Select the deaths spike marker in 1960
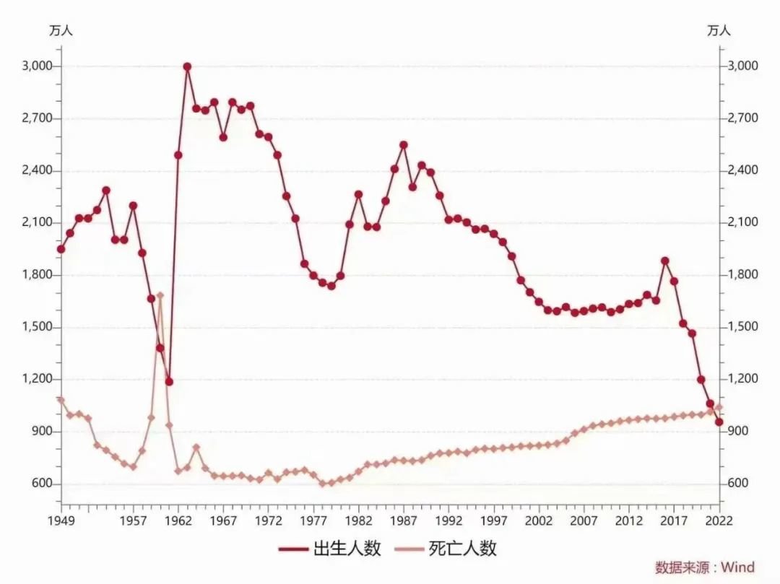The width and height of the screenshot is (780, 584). (160, 295)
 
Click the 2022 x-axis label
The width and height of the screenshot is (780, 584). (719, 520)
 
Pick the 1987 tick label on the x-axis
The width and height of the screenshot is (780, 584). (404, 520)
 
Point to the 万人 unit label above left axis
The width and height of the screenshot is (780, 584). (61, 30)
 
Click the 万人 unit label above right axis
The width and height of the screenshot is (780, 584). (719, 30)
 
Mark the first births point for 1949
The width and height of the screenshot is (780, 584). (61, 249)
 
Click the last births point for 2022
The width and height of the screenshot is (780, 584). (719, 422)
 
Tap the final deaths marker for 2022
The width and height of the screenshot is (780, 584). (719, 407)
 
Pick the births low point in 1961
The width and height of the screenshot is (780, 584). (169, 381)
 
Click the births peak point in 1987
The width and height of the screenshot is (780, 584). (404, 144)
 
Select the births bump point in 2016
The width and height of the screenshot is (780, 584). (665, 261)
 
